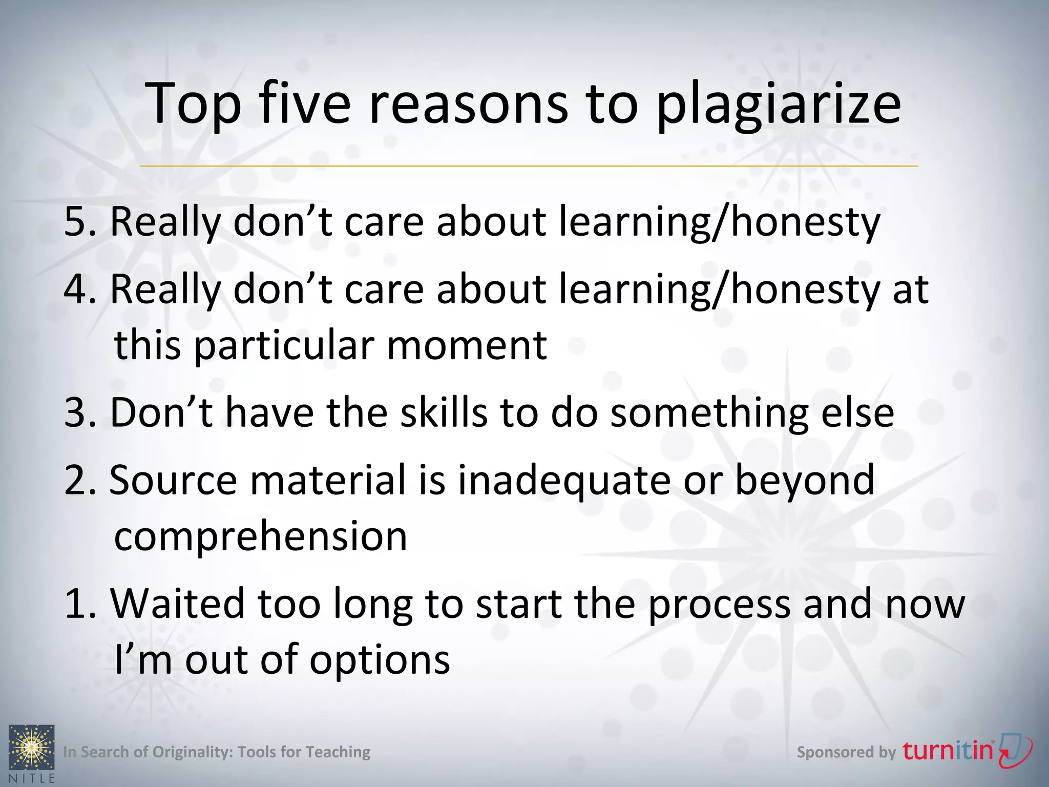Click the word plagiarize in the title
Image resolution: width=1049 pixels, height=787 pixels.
778,105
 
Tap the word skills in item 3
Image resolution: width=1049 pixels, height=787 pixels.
444,412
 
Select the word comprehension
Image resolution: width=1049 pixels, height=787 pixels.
260,537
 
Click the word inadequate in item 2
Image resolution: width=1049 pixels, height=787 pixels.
563,481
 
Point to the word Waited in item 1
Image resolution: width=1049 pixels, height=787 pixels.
177,604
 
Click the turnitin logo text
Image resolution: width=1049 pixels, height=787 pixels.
948,751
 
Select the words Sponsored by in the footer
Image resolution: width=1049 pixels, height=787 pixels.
846,752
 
